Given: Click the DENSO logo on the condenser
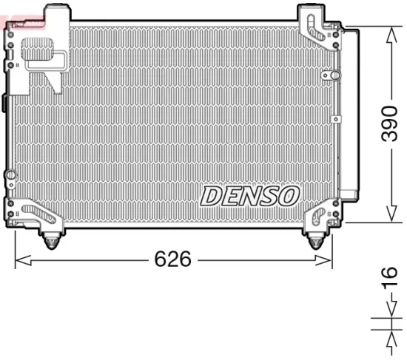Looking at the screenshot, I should [250, 196].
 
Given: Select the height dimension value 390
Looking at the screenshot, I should [390, 123].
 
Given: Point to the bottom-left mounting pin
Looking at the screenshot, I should [51, 240].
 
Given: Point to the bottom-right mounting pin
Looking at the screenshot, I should [315, 240].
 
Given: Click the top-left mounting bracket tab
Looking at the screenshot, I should [53, 13].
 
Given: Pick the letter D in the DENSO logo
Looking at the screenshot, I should [211, 196].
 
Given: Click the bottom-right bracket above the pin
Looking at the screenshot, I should [320, 215].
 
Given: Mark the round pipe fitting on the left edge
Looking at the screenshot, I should [10, 176].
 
